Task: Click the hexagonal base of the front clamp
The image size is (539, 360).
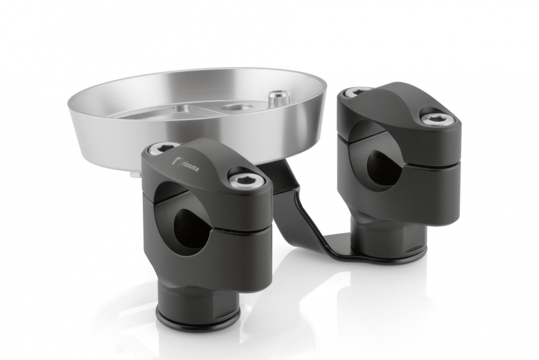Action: [197, 288]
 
